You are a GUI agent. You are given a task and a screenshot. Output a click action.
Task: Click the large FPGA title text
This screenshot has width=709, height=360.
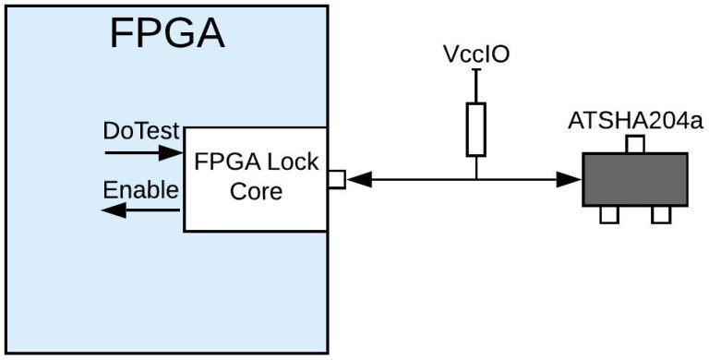[x=166, y=33]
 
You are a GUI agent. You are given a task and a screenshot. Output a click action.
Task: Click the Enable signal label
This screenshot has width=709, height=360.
[x=140, y=190]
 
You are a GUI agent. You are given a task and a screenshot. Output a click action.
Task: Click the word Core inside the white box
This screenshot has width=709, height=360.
[x=256, y=193]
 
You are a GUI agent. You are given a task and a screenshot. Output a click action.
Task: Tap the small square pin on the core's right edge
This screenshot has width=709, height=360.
[x=337, y=180]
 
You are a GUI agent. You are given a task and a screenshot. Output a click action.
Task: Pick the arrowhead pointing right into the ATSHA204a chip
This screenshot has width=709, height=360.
[x=570, y=180]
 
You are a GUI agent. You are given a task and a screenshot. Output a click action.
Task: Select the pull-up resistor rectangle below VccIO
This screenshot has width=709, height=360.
[x=475, y=129]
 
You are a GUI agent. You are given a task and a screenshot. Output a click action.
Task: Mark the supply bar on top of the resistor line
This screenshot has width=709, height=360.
[x=475, y=78]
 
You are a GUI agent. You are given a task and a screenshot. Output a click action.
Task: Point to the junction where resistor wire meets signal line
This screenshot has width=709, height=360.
[x=475, y=180]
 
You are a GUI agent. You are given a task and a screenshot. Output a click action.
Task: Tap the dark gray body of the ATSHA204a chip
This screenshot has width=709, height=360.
[x=634, y=180]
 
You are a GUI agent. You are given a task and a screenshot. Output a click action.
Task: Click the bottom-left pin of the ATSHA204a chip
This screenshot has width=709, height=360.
[x=608, y=215]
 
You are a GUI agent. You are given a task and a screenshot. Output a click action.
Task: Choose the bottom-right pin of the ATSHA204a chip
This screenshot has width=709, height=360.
[x=661, y=215]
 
